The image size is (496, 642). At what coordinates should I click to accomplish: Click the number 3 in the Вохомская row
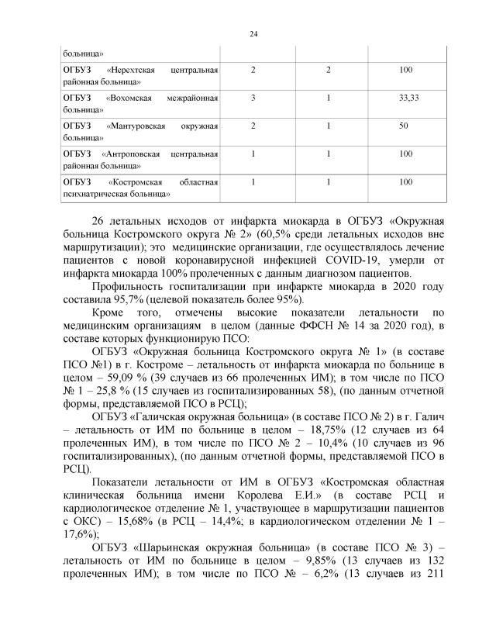[x=253, y=98]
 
